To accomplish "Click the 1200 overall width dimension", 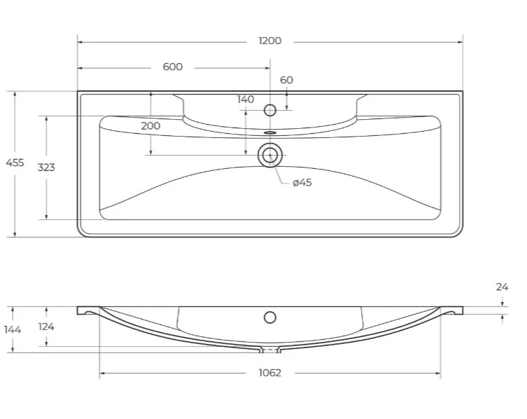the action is coord(270,41).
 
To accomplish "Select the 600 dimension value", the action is coord(172,67).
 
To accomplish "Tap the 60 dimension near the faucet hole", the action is coord(287,80).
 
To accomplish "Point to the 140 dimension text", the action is coord(245,99).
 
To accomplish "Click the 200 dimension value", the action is coord(151,126).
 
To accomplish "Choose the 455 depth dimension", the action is coord(15,163).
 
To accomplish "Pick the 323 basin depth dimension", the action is coord(46,167).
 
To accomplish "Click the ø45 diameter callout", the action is coord(302,182).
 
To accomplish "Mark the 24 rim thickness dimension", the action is coord(502,287).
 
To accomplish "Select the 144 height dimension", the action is coord(13,329).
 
